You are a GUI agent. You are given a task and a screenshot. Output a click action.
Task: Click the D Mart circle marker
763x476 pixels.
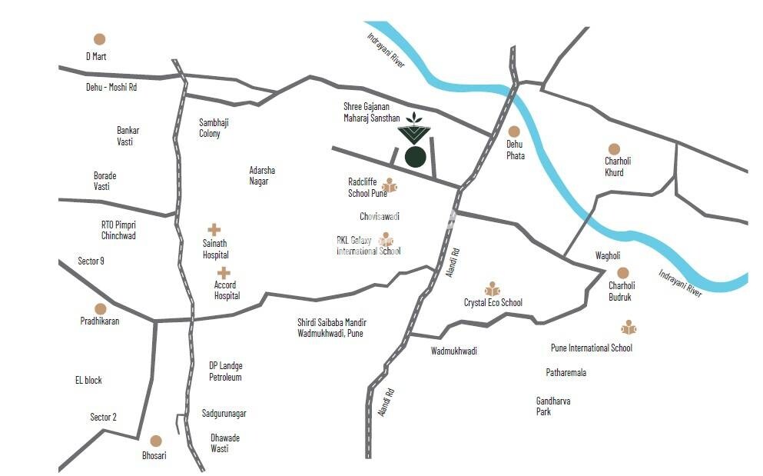99,39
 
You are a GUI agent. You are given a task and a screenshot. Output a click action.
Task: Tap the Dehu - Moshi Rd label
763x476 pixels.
111,88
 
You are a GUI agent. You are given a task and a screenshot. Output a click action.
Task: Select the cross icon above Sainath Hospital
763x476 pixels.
214,229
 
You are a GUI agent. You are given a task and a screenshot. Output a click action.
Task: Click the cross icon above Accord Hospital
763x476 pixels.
224,272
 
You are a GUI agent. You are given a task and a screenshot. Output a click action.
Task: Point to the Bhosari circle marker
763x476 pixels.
156,441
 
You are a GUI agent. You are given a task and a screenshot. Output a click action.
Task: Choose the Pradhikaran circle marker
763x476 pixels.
101,308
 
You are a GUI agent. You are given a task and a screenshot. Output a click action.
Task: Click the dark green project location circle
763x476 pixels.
416,157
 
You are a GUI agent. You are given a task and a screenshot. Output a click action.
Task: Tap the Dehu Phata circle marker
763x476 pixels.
514,131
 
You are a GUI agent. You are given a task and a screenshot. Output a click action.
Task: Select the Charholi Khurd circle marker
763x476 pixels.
614,149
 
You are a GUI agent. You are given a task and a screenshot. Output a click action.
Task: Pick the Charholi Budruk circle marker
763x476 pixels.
622,273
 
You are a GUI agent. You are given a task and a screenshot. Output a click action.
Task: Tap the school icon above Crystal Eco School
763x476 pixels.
493,288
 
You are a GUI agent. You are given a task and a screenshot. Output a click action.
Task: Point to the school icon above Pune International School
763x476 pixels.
629,328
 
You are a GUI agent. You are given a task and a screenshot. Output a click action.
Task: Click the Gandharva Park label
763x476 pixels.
553,406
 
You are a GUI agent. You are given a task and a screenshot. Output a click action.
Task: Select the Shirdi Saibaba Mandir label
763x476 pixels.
332,328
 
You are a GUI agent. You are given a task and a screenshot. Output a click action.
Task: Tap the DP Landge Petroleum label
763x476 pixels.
226,371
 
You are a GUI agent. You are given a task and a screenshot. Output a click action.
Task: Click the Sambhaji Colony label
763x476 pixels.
214,128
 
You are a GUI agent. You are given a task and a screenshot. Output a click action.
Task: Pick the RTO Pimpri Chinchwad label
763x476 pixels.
118,230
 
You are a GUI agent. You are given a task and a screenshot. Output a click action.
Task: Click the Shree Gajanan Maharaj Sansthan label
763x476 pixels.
372,112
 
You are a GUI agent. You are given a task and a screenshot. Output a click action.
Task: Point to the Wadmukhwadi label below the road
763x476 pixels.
454,351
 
